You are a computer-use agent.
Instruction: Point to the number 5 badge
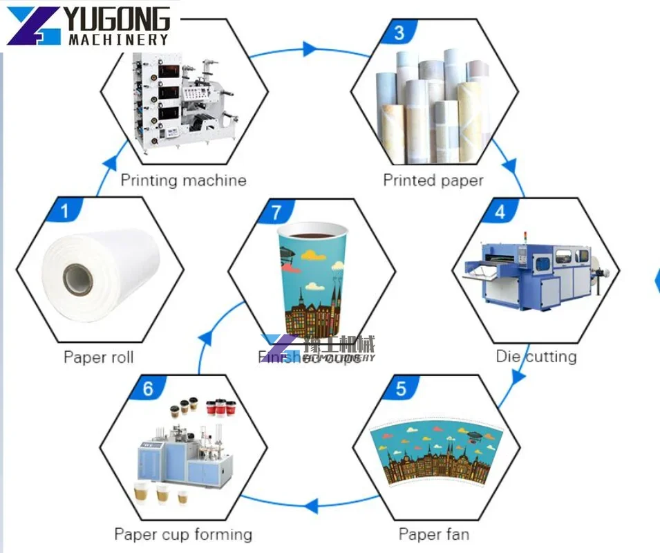(x=402, y=389)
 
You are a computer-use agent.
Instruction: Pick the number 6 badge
(x=148, y=389)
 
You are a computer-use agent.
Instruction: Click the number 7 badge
(x=277, y=212)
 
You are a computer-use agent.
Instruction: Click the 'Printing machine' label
(x=183, y=180)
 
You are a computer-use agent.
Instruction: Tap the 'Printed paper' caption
(x=433, y=180)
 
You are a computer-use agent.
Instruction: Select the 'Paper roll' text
(x=99, y=357)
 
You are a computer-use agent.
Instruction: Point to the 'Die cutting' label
(x=536, y=357)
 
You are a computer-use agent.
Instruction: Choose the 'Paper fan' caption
(x=433, y=534)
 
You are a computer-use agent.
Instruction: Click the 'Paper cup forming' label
(x=183, y=534)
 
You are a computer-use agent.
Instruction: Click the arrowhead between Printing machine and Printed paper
(x=310, y=49)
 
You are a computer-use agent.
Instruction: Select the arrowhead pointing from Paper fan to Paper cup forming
(x=312, y=505)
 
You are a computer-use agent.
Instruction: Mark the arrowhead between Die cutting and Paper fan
(x=518, y=375)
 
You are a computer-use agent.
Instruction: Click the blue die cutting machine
(x=532, y=273)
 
